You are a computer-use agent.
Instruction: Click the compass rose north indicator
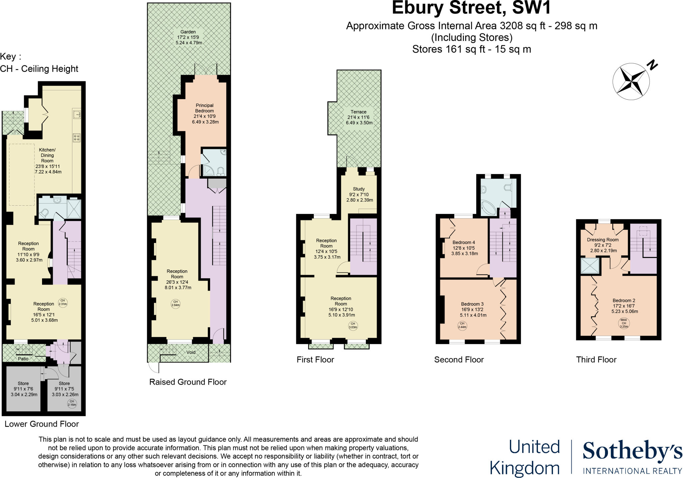pos(631,81)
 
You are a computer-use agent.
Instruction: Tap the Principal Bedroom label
pos(204,114)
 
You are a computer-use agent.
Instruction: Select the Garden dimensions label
pos(189,37)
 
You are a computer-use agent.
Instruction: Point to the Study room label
pos(359,194)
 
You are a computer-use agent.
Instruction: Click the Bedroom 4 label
pos(464,248)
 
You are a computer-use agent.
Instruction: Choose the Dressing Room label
pos(603,245)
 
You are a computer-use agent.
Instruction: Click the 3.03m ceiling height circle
pos(353,325)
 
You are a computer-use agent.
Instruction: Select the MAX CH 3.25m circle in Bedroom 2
pos(624,323)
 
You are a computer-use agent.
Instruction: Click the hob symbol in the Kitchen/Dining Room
pos(76,138)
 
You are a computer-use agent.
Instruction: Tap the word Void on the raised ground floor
pos(191,352)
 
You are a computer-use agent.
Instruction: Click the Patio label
pos(23,359)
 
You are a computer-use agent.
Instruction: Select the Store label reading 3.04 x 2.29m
pos(24,389)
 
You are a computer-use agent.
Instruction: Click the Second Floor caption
pos(459,360)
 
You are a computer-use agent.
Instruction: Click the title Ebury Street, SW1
pos(471,8)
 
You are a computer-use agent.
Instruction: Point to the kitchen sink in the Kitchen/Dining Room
pos(77,114)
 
